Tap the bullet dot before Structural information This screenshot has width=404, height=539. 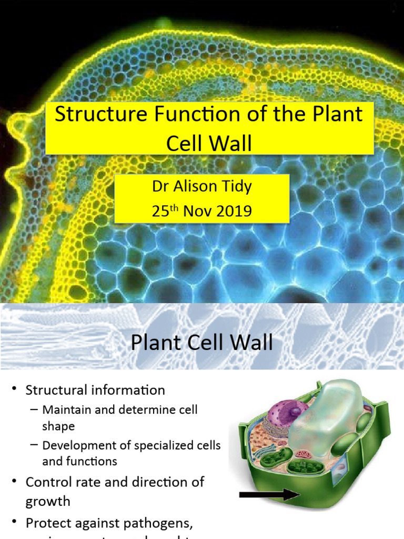pyautogui.click(x=14, y=390)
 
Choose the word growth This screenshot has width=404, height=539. pyautogui.click(x=48, y=501)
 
